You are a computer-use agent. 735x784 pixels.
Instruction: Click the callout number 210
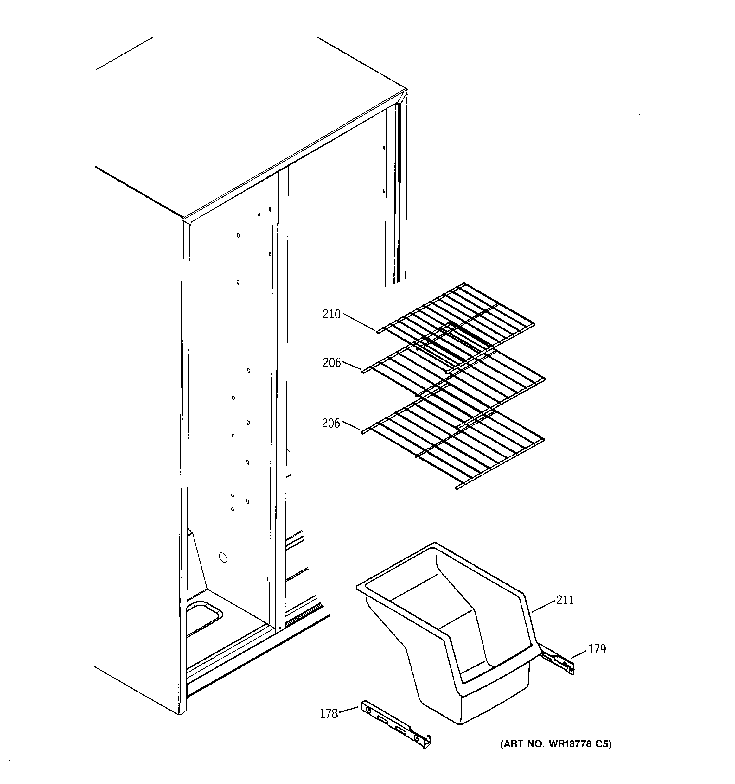click(x=331, y=314)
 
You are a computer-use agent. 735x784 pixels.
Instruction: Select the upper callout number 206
click(x=331, y=362)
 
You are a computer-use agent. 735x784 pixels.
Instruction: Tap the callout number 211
click(x=565, y=600)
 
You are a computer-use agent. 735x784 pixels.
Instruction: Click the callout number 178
click(x=329, y=714)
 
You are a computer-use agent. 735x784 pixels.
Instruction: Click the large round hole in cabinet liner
click(x=223, y=558)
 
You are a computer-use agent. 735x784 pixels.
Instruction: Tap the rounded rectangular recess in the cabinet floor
click(x=203, y=618)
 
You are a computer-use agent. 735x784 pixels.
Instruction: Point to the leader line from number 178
click(x=348, y=710)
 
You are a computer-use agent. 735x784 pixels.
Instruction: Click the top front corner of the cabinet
click(x=184, y=218)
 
